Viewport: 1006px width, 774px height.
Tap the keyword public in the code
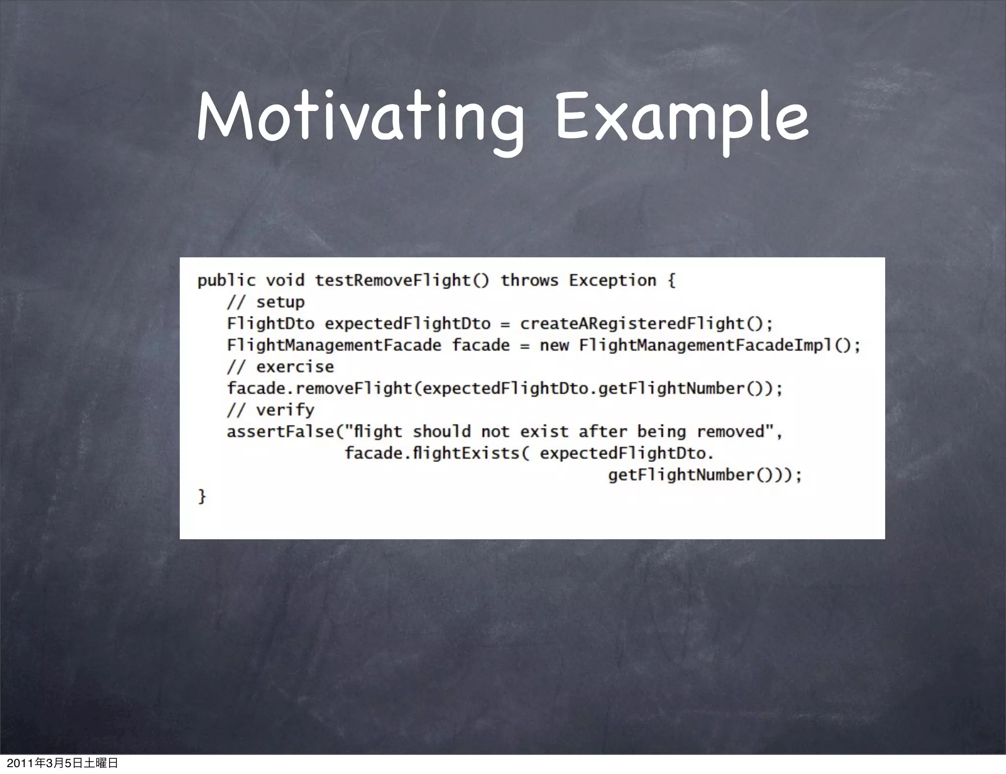click(x=226, y=281)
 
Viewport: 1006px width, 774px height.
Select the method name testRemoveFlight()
click(x=402, y=280)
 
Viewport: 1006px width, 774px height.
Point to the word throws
click(x=529, y=280)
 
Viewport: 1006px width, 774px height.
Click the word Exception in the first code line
click(x=612, y=280)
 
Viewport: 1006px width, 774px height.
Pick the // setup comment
click(x=266, y=302)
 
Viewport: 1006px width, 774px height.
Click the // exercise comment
click(x=280, y=367)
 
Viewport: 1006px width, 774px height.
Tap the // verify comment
click(x=270, y=410)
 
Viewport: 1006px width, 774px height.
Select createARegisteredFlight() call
click(x=646, y=324)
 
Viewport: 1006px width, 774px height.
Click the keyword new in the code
click(x=554, y=345)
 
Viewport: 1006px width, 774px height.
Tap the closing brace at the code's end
click(x=201, y=497)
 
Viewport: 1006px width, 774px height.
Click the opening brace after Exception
click(x=671, y=280)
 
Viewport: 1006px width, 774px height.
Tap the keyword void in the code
click(x=285, y=280)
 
